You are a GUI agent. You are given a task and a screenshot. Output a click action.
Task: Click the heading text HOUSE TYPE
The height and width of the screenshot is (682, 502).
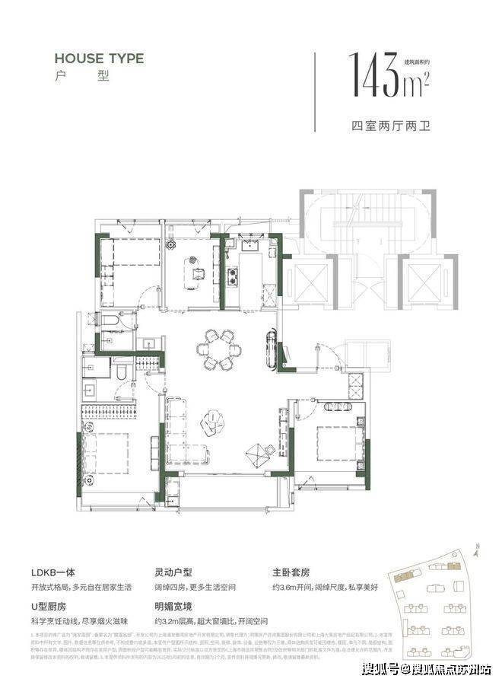[x=99, y=58]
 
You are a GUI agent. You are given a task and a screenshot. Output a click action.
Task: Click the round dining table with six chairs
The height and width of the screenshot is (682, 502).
[x=219, y=350]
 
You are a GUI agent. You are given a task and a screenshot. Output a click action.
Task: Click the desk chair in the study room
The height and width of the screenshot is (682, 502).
[x=198, y=272]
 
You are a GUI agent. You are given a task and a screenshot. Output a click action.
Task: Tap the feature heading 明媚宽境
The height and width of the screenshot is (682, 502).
[x=179, y=607]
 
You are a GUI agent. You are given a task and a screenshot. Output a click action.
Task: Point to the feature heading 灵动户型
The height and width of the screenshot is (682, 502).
[x=179, y=573]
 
